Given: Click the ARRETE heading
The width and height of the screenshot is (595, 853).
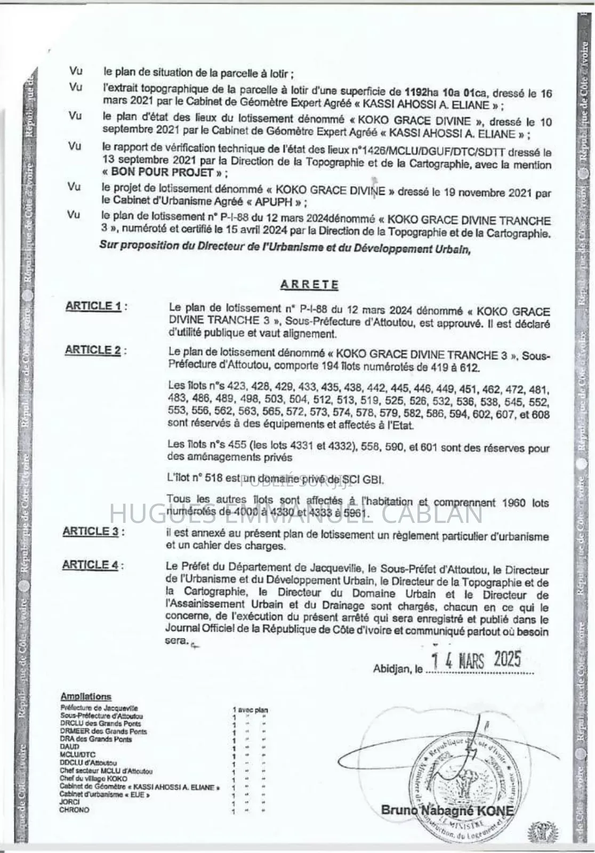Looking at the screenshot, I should point(309,284).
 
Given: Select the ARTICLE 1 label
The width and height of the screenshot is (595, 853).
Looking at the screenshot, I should point(93,306).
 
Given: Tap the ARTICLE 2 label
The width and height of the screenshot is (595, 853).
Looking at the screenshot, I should point(93,350).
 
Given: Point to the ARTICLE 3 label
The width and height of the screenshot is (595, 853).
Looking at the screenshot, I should point(91,531).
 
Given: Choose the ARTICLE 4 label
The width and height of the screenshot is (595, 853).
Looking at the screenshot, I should point(90,565).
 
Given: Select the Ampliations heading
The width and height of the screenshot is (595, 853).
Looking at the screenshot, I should point(86,696).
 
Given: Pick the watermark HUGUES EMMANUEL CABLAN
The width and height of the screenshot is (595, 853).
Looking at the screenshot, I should point(296,513).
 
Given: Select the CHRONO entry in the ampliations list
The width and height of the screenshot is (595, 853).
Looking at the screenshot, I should point(75,810).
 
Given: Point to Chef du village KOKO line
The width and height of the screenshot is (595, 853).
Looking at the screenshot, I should point(93,779).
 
